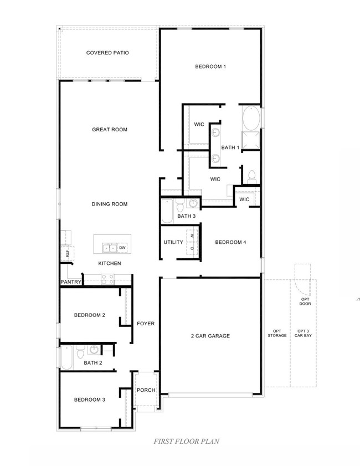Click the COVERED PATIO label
107,53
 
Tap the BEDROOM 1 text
210,66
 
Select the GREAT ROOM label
110,130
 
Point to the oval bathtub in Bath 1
250,117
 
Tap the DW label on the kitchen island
122,248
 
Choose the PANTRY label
71,282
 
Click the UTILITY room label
173,242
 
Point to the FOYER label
146,324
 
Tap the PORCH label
146,390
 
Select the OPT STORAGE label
277,334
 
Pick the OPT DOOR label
305,301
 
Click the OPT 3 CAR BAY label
303,334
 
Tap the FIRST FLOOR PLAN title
186,442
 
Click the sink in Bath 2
94,350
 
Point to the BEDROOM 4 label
229,242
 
